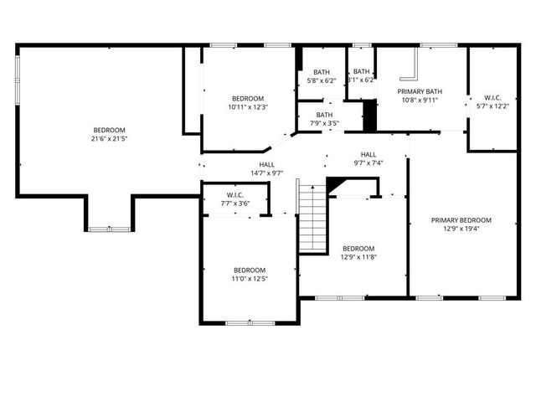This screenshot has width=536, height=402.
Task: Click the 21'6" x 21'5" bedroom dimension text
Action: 109,140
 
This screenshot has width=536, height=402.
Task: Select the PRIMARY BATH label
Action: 420,91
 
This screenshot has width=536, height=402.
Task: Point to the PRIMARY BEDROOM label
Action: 461,220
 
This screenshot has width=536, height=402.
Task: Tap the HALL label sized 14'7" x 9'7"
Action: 266,165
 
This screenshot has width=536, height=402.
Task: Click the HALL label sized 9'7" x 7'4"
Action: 368,155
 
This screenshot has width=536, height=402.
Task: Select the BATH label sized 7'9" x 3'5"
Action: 324,115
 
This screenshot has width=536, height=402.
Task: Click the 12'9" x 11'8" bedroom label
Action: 358,249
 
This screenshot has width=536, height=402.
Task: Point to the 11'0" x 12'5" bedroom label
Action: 250,270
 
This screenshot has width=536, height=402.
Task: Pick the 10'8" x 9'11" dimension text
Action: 420,100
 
